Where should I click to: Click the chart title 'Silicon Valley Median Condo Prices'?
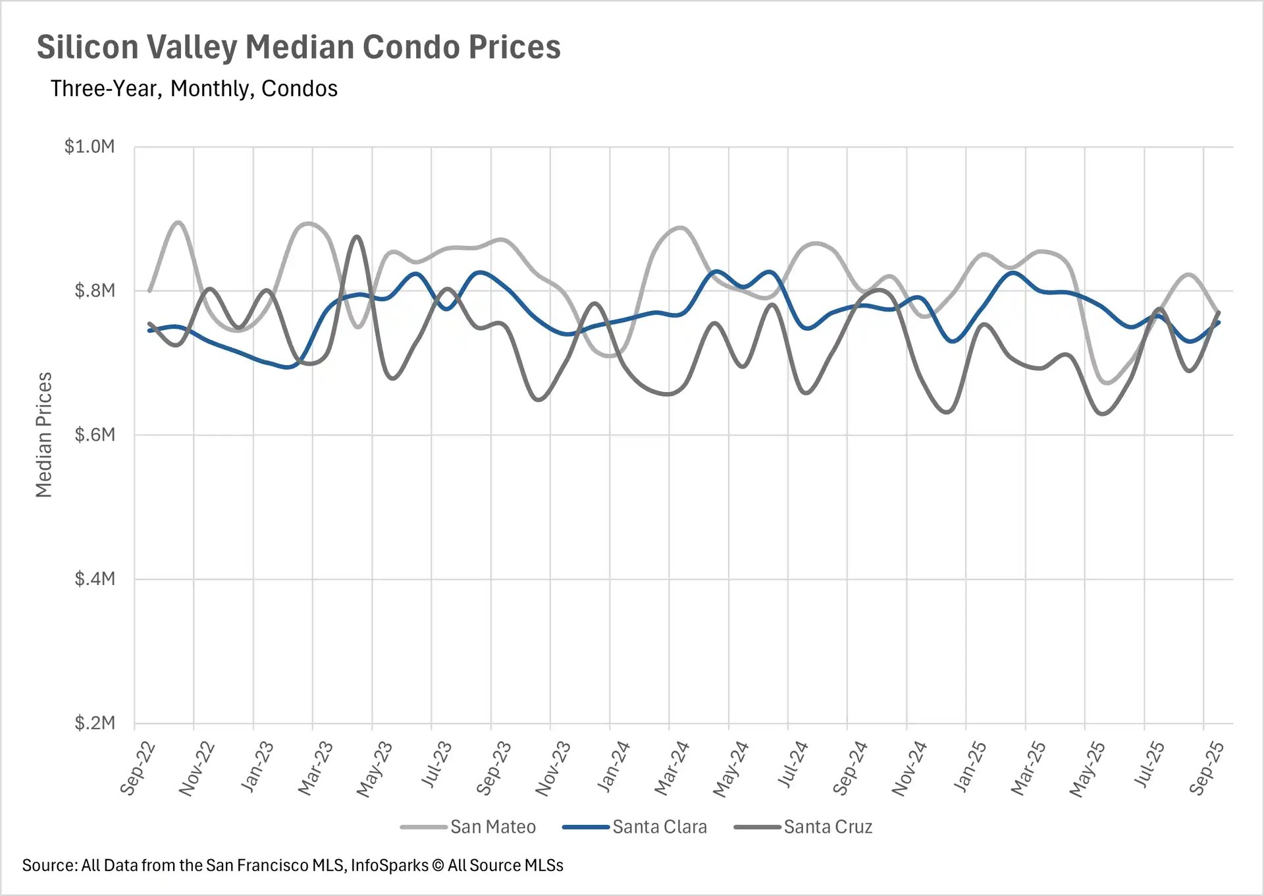(x=298, y=47)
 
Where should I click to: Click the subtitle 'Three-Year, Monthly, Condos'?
(x=194, y=88)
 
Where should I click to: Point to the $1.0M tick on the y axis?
(x=90, y=146)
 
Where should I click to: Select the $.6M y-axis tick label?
(x=95, y=435)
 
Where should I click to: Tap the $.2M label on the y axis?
(x=95, y=723)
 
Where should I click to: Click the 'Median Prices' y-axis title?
(x=43, y=435)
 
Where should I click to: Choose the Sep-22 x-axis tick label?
(x=138, y=768)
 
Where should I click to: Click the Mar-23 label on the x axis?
(x=316, y=768)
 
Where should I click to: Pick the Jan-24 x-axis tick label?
(x=613, y=767)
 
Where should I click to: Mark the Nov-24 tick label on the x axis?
(x=909, y=768)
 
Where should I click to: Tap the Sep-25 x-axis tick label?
(x=1207, y=768)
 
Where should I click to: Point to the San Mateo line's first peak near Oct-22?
(x=178, y=223)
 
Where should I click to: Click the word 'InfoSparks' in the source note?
(x=389, y=866)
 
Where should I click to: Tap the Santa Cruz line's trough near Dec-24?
(x=947, y=412)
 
